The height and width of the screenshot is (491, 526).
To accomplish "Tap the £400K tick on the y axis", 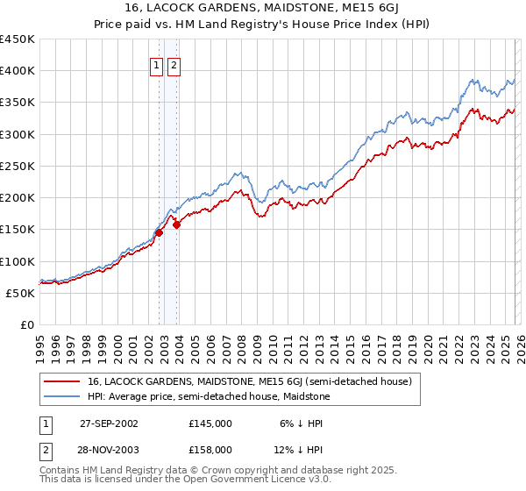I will [x=17, y=71].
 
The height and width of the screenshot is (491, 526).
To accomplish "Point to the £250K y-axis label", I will [x=17, y=166].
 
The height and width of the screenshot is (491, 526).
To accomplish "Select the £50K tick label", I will [x=20, y=293].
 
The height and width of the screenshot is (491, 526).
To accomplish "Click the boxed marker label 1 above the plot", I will [x=157, y=65].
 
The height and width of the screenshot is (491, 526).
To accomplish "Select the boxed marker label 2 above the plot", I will [x=174, y=65].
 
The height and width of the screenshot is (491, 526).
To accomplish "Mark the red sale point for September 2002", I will [x=160, y=232].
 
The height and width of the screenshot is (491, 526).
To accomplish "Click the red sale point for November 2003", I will [x=177, y=224].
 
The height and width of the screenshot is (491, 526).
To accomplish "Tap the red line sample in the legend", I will [x=61, y=381].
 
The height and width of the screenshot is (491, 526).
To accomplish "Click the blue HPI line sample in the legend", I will [x=61, y=397].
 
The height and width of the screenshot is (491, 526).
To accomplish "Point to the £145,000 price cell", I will [x=210, y=423].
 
